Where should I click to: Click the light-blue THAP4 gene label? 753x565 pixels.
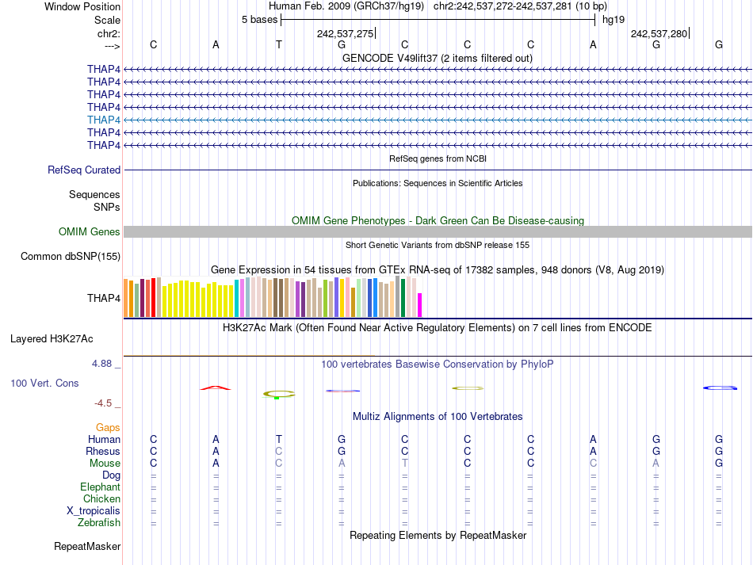coord(104,120)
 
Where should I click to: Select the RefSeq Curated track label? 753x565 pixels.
coord(84,170)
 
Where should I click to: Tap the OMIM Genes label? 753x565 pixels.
coord(90,232)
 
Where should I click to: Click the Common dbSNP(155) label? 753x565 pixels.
coord(71,256)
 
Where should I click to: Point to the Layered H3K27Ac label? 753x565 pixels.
coord(52,338)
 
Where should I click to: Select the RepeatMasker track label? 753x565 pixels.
coord(87,547)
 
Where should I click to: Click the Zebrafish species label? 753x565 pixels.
coord(99,522)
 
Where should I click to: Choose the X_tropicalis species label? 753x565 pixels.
coord(94,510)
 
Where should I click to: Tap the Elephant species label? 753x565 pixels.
coord(100,487)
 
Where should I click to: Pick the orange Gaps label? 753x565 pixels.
coord(108,427)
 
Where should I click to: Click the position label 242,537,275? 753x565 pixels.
coord(345,33)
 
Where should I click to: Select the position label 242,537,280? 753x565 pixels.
coord(659,33)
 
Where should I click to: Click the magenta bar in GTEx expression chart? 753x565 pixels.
coord(420,305)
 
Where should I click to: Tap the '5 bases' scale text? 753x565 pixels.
coord(259,19)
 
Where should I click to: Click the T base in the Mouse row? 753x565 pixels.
coord(404,463)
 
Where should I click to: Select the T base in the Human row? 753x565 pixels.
coord(279,439)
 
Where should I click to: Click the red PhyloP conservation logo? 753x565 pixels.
coord(216,387)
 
